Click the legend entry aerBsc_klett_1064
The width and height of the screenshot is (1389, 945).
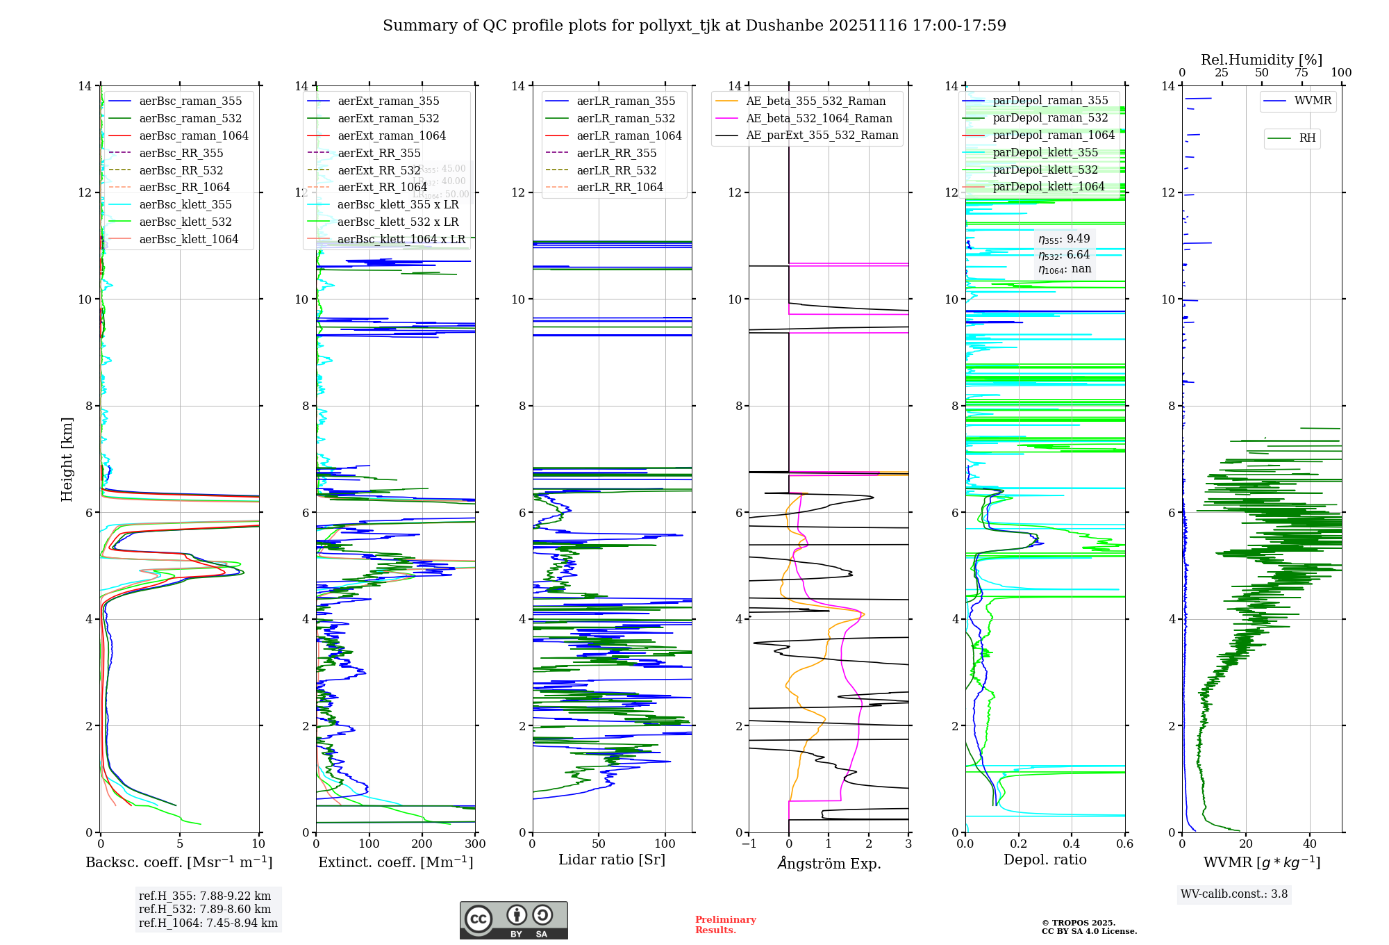[188, 239]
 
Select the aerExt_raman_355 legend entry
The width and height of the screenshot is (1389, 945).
[388, 101]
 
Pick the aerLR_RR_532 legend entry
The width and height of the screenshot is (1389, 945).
[616, 170]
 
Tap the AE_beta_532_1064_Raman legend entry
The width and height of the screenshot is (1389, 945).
[819, 118]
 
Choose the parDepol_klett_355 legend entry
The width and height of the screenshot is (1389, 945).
[1045, 152]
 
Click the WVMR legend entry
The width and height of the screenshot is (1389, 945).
[1313, 101]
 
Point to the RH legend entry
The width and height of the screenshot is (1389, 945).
[1307, 138]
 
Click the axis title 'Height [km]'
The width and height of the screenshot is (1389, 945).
[67, 459]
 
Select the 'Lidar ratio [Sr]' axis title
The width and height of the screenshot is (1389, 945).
[612, 860]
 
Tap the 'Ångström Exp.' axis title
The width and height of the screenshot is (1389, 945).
[829, 863]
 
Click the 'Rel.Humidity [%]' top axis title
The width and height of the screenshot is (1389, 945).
[1261, 60]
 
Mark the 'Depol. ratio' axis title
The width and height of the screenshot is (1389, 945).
[1045, 860]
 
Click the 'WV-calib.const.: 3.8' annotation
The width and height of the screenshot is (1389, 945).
[1234, 894]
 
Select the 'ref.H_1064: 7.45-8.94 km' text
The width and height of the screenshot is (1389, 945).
[208, 923]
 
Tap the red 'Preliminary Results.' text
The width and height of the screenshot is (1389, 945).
[725, 925]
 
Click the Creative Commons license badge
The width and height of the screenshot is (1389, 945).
[513, 921]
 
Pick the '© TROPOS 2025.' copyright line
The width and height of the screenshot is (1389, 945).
[1078, 923]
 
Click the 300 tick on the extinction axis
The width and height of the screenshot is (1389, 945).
[476, 844]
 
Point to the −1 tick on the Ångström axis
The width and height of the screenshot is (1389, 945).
[748, 844]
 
